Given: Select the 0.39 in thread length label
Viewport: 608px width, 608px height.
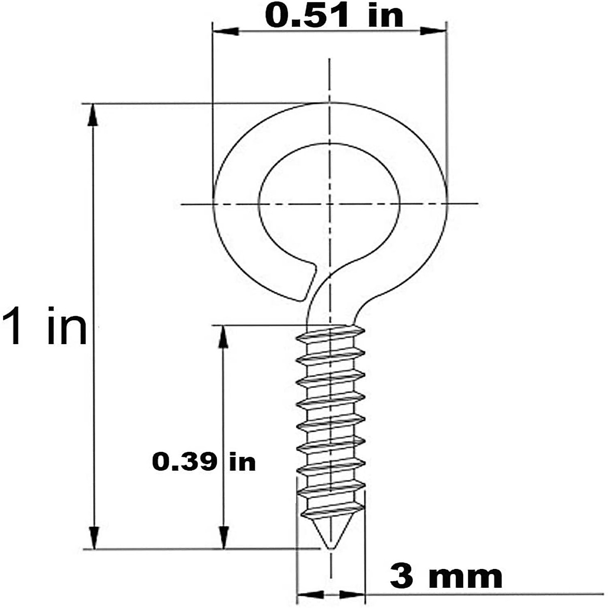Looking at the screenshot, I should [204, 462].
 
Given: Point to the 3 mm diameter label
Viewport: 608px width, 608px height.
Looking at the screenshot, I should [446, 576].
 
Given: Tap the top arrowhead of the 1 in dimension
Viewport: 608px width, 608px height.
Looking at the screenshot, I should [93, 115].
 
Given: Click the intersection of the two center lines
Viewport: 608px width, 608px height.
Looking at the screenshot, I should [330, 204].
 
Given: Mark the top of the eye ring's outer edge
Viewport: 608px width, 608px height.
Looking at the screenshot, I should [330, 103].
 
